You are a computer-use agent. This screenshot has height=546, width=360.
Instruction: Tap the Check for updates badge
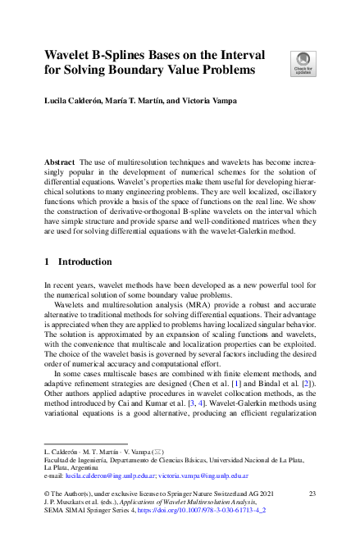(x=303, y=62)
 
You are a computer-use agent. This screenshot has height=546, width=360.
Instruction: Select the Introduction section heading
(x=84, y=262)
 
